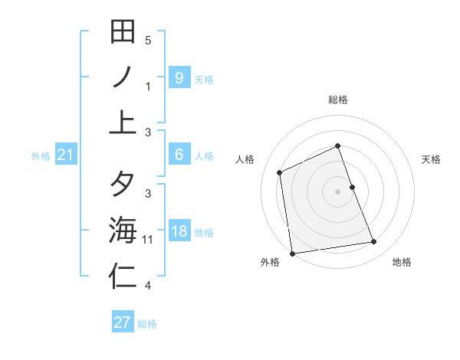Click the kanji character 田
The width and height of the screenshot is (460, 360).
123,32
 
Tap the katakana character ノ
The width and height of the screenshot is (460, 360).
123,77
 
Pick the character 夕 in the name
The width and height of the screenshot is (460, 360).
123,185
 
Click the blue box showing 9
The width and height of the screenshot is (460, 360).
179,78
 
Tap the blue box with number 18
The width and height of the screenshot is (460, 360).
179,232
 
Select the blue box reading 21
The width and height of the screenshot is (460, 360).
65,155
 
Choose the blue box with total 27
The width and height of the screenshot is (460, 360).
123,322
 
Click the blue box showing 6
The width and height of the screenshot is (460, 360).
179,155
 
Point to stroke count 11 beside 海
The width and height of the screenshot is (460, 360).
148,240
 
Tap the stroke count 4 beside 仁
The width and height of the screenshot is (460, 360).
148,286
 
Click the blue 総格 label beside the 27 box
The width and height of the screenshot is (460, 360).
147,324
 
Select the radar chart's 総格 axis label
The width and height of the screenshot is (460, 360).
337,100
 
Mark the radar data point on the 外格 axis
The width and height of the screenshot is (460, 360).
292,253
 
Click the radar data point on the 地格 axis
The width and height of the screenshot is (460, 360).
374,242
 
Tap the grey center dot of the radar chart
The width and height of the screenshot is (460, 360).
337,191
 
